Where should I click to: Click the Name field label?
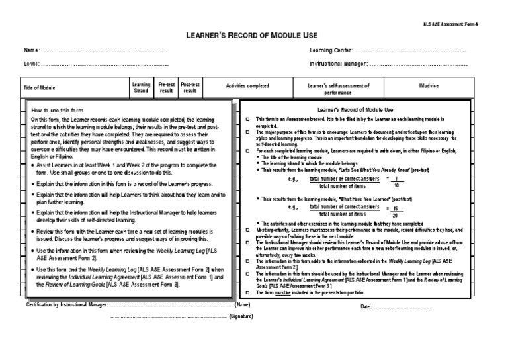click(32, 51)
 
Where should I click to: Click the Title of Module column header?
click(40, 87)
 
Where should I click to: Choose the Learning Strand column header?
click(141, 87)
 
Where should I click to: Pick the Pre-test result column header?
click(167, 87)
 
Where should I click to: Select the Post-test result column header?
click(190, 87)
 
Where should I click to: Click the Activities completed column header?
click(247, 86)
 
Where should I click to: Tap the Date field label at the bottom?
click(366, 307)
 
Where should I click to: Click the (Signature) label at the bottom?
click(241, 318)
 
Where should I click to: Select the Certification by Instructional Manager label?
click(66, 305)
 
